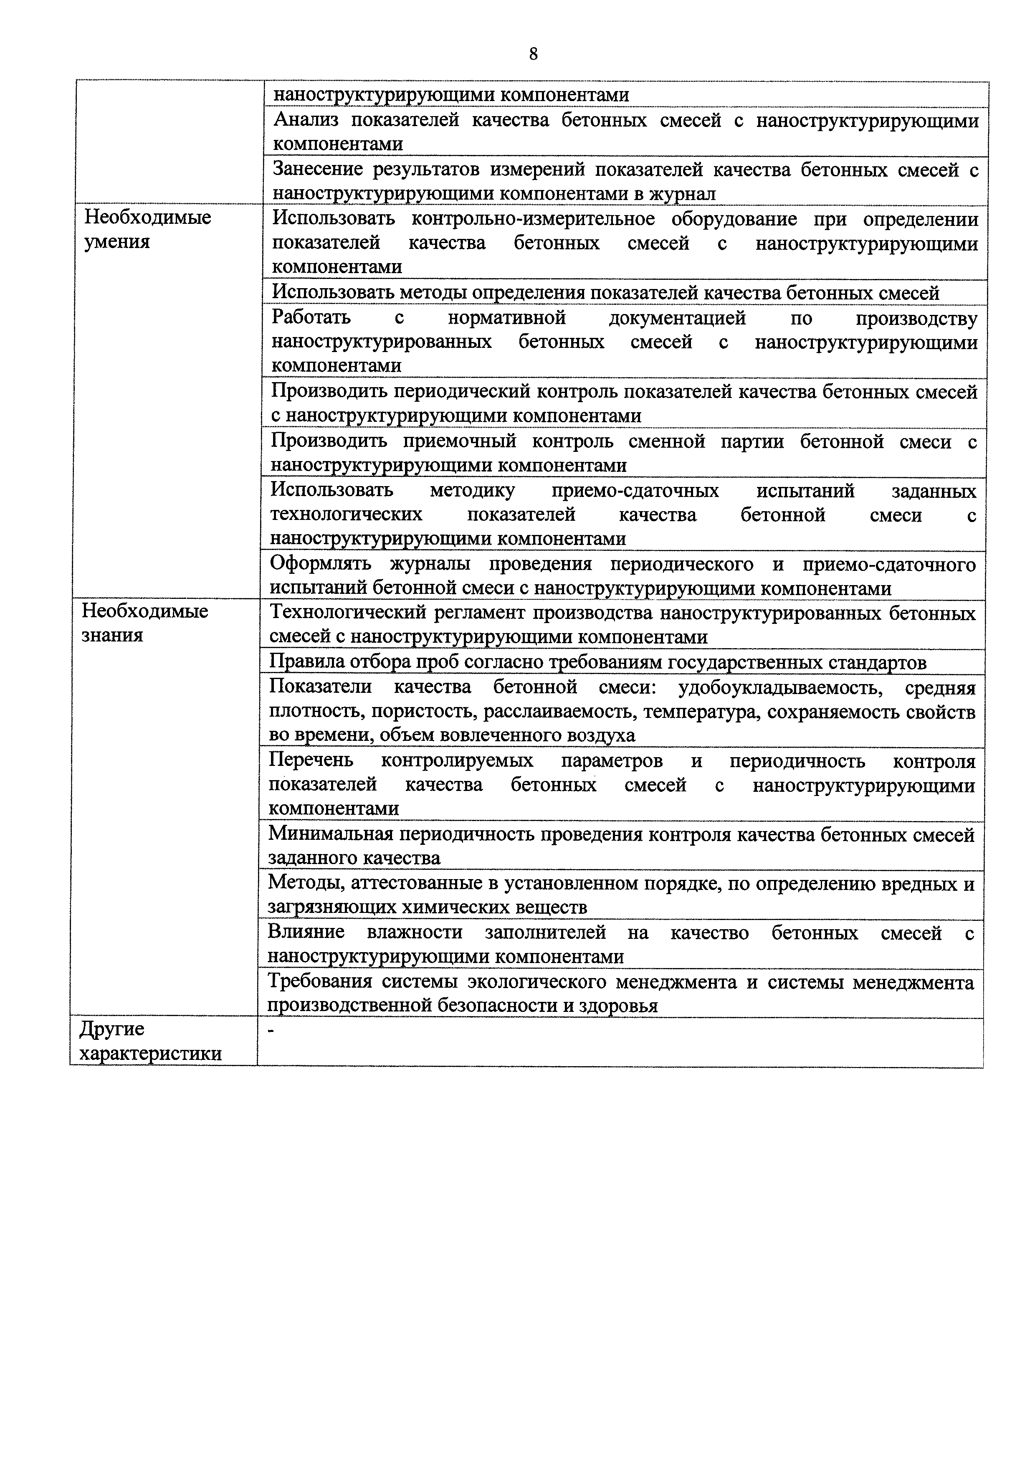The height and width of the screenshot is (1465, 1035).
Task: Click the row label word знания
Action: click(112, 636)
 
